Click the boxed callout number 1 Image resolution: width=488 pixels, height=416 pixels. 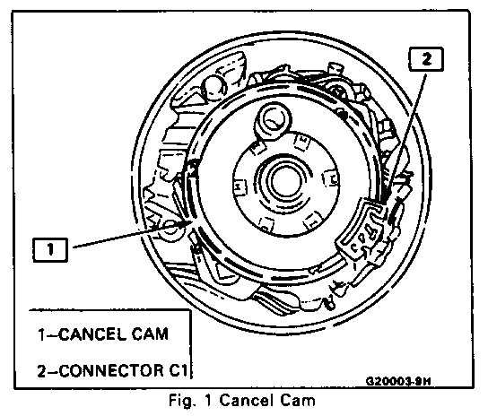[x=50, y=249]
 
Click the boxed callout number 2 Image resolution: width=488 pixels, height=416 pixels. [x=426, y=59]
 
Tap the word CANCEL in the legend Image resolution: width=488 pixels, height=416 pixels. [x=92, y=334]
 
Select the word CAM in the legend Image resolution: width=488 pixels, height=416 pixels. [x=150, y=334]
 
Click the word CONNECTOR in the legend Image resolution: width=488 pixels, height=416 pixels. [x=111, y=371]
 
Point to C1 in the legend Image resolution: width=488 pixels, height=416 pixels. [x=178, y=371]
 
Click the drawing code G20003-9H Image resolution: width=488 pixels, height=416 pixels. [x=398, y=381]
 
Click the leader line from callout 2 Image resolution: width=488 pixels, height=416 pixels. [x=405, y=138]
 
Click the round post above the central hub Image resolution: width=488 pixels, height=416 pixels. [x=273, y=120]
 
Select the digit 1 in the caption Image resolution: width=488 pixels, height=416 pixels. [x=208, y=400]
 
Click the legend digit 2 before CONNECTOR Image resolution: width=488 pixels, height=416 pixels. [x=42, y=371]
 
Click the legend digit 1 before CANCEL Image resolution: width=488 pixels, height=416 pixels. [x=41, y=334]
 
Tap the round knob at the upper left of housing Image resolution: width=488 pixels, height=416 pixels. [x=215, y=87]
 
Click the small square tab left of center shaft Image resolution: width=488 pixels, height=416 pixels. [x=240, y=187]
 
